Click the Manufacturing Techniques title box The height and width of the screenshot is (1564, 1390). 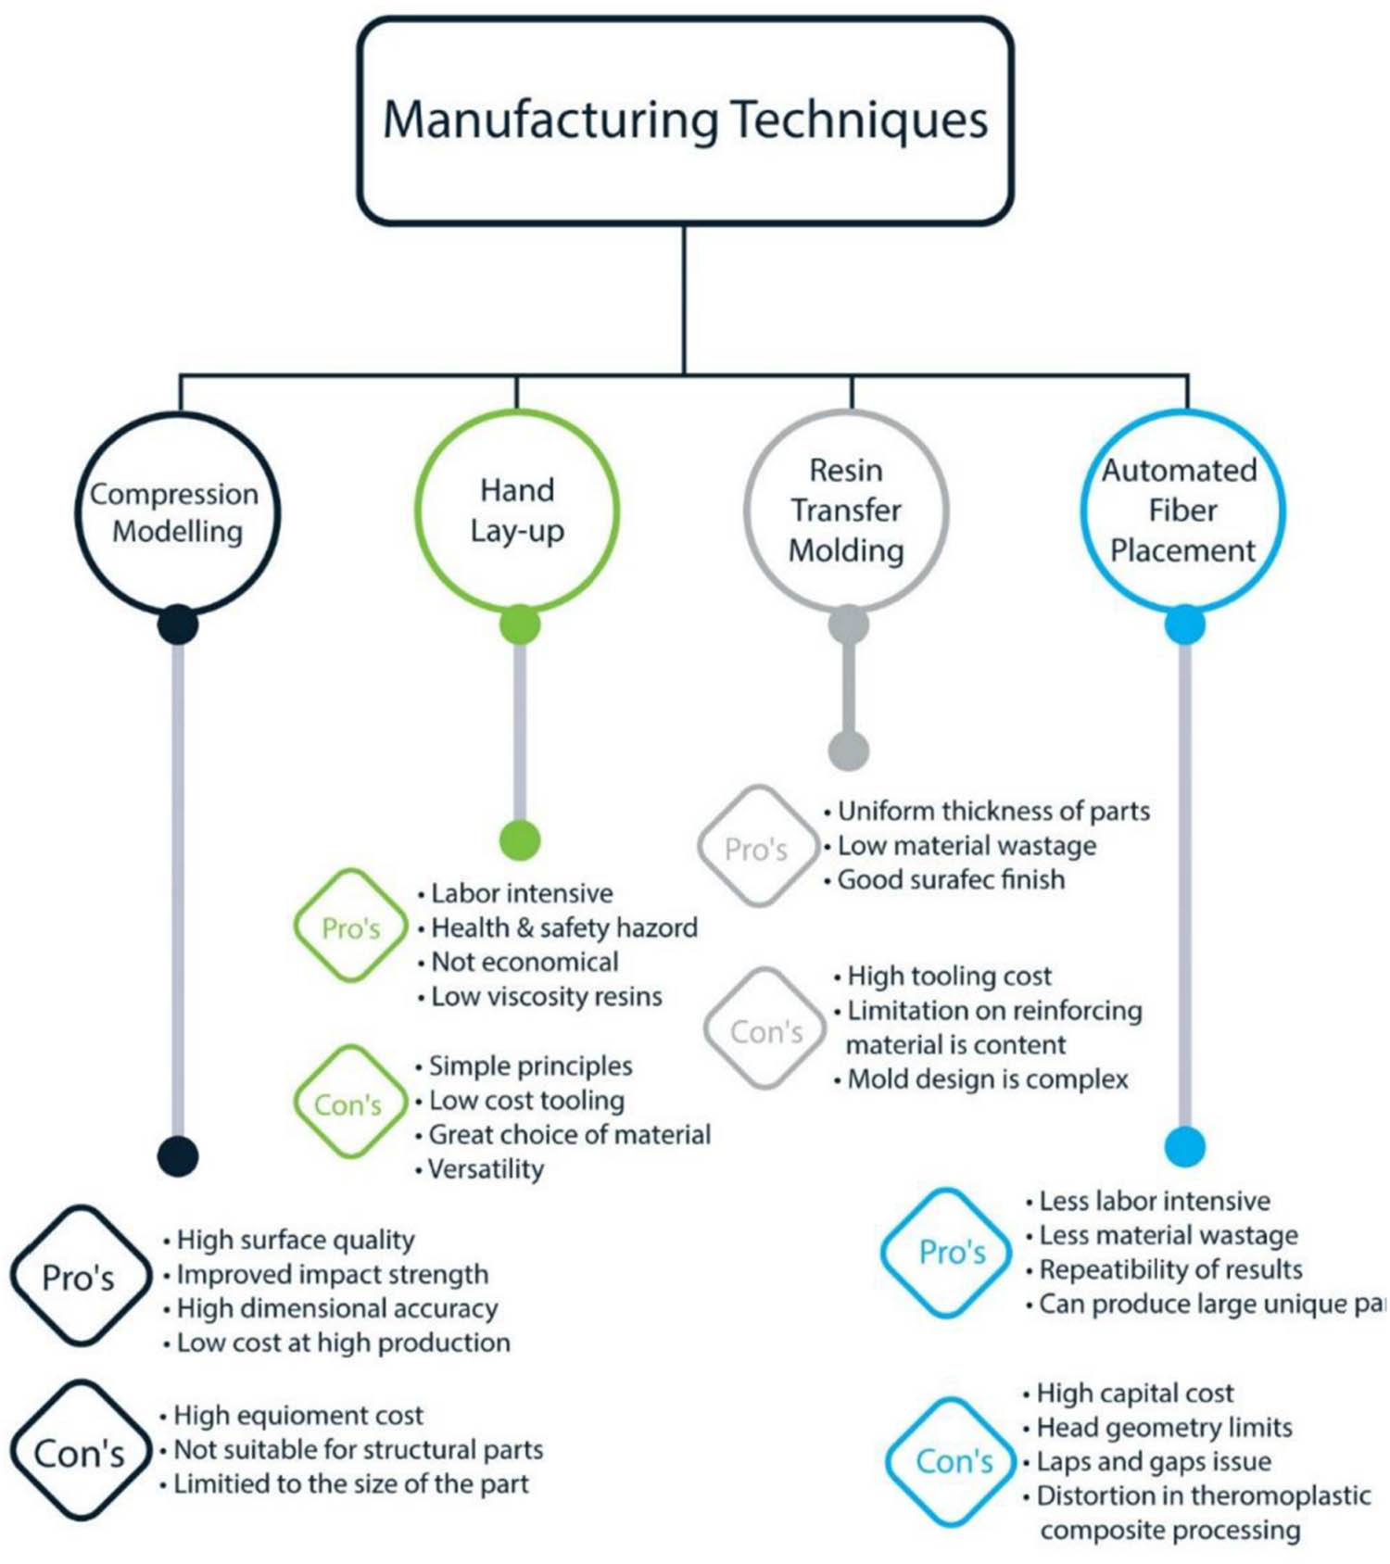pyautogui.click(x=685, y=120)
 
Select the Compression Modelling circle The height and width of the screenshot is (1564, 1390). pyautogui.click(x=177, y=512)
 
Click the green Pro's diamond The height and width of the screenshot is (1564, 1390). pyautogui.click(x=351, y=927)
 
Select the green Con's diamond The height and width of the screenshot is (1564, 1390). pyautogui.click(x=349, y=1104)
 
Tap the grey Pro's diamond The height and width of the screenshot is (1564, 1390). pyautogui.click(x=757, y=848)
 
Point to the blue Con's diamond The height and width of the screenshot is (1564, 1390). pyautogui.click(x=954, y=1462)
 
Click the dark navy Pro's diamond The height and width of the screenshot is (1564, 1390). pyautogui.click(x=80, y=1277)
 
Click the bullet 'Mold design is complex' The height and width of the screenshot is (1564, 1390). pyautogui.click(x=987, y=1079)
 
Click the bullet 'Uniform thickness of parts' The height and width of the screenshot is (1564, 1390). pyautogui.click(x=992, y=812)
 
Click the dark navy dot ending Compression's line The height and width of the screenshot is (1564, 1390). pyautogui.click(x=178, y=1156)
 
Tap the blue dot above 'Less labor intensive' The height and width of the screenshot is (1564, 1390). pyautogui.click(x=1184, y=1147)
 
